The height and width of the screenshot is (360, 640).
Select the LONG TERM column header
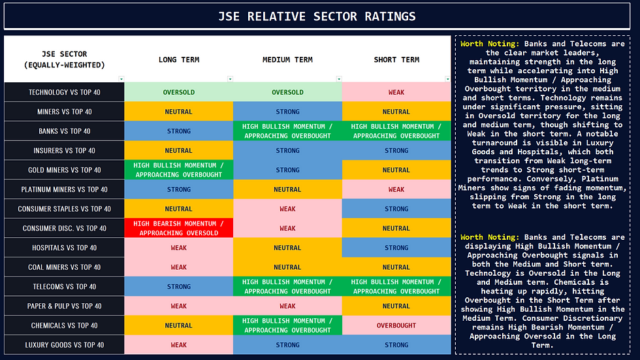pos(178,59)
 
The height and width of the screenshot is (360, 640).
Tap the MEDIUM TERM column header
pos(287,59)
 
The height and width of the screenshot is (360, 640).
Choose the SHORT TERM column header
pos(396,59)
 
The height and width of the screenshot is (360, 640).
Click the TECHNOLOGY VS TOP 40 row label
pos(64,92)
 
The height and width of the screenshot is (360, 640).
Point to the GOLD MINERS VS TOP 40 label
pos(64,170)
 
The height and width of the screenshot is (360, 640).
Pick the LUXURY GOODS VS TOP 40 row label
pos(64,345)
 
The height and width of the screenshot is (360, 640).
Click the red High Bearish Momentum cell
pos(178,228)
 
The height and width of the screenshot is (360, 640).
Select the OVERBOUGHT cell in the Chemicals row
pos(396,325)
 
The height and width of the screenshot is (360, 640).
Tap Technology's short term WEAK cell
pos(396,92)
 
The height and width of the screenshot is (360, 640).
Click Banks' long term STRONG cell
pos(178,131)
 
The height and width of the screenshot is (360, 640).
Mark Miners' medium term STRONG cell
pos(287,112)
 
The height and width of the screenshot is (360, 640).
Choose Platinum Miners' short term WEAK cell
pos(396,189)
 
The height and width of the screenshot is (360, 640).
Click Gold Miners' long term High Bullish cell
pos(178,170)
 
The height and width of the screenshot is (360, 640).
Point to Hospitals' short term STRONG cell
pos(396,248)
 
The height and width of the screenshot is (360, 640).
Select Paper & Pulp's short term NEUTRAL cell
pos(396,306)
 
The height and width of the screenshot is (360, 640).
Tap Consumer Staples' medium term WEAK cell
pos(287,209)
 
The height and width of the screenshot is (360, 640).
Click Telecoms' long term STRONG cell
pos(178,287)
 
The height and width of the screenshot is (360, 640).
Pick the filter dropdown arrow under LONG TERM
pos(229,79)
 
